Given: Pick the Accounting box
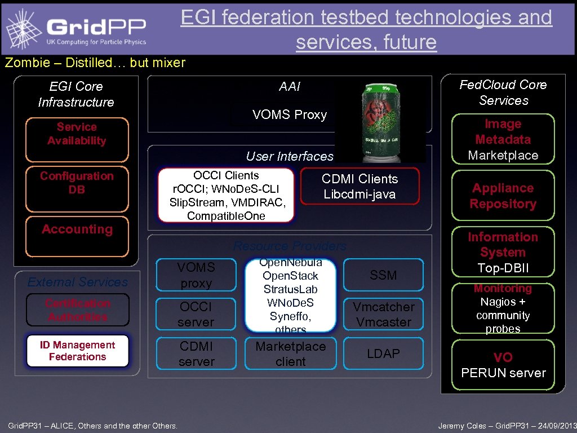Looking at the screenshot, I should click(x=77, y=236).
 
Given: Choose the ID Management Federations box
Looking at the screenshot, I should click(x=77, y=351).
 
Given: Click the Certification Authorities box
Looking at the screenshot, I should click(x=77, y=310).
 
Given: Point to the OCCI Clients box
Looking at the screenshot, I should click(x=225, y=195).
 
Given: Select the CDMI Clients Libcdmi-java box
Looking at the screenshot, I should click(x=359, y=186).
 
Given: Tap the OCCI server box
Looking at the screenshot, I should click(x=196, y=314).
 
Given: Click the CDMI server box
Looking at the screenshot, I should click(x=196, y=354).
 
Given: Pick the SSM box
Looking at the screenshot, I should click(x=383, y=275).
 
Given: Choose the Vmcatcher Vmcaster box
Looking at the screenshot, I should click(x=383, y=314).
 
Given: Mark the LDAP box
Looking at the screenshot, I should click(x=383, y=354).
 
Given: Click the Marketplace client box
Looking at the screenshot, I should click(x=290, y=354).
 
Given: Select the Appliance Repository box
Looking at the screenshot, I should click(x=503, y=196).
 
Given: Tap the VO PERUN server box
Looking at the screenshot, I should click(x=503, y=365).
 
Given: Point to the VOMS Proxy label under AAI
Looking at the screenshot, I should click(x=290, y=114).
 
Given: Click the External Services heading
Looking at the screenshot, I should click(x=77, y=282).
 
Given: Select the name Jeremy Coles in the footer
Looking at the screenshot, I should click(x=461, y=426).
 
